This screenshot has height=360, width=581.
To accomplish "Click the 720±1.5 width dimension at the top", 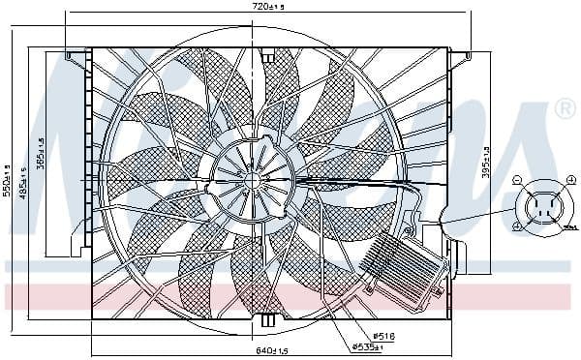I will [269, 7].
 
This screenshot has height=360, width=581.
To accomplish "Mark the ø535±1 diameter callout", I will [369, 345].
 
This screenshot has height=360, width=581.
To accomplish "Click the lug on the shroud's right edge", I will [459, 257].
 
